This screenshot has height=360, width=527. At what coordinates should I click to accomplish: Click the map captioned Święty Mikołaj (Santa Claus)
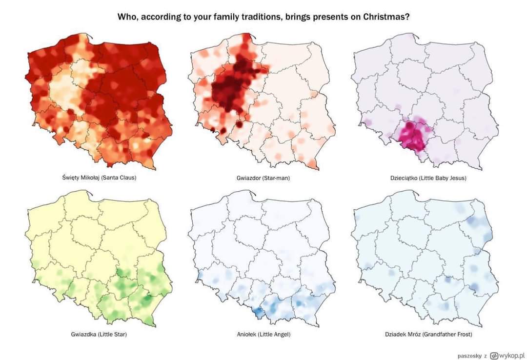(x=98, y=102)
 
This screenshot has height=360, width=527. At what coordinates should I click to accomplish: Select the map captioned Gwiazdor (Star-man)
(x=261, y=102)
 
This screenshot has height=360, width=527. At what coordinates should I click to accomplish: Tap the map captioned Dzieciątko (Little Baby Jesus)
(x=425, y=102)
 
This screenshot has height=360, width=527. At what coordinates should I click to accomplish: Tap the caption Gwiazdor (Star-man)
(x=263, y=178)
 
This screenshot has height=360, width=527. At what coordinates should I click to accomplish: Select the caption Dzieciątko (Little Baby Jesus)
(x=422, y=178)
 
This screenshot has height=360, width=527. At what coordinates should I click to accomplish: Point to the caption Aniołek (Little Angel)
(x=263, y=334)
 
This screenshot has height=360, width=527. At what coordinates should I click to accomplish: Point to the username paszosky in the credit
(x=469, y=355)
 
